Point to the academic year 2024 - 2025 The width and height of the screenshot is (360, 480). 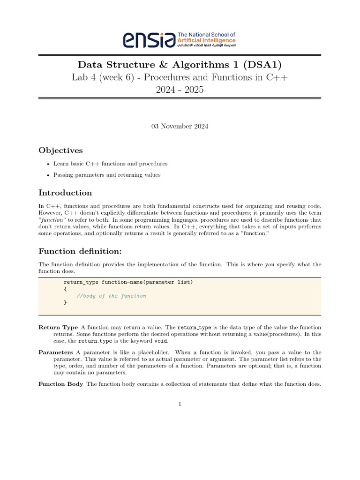180,90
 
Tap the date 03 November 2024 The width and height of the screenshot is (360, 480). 180,126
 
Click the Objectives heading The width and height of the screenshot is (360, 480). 60,150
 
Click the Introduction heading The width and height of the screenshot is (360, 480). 65,193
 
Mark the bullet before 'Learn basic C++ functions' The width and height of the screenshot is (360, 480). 49,164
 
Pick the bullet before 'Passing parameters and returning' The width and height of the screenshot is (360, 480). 49,175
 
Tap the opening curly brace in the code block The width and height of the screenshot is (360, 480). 65,289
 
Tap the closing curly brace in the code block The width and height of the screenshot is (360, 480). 65,303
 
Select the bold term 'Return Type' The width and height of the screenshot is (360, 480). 58,327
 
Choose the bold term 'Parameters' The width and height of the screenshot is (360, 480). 56,352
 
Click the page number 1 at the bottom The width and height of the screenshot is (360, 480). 180,405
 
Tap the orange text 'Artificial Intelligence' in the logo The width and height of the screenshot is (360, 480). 207,41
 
